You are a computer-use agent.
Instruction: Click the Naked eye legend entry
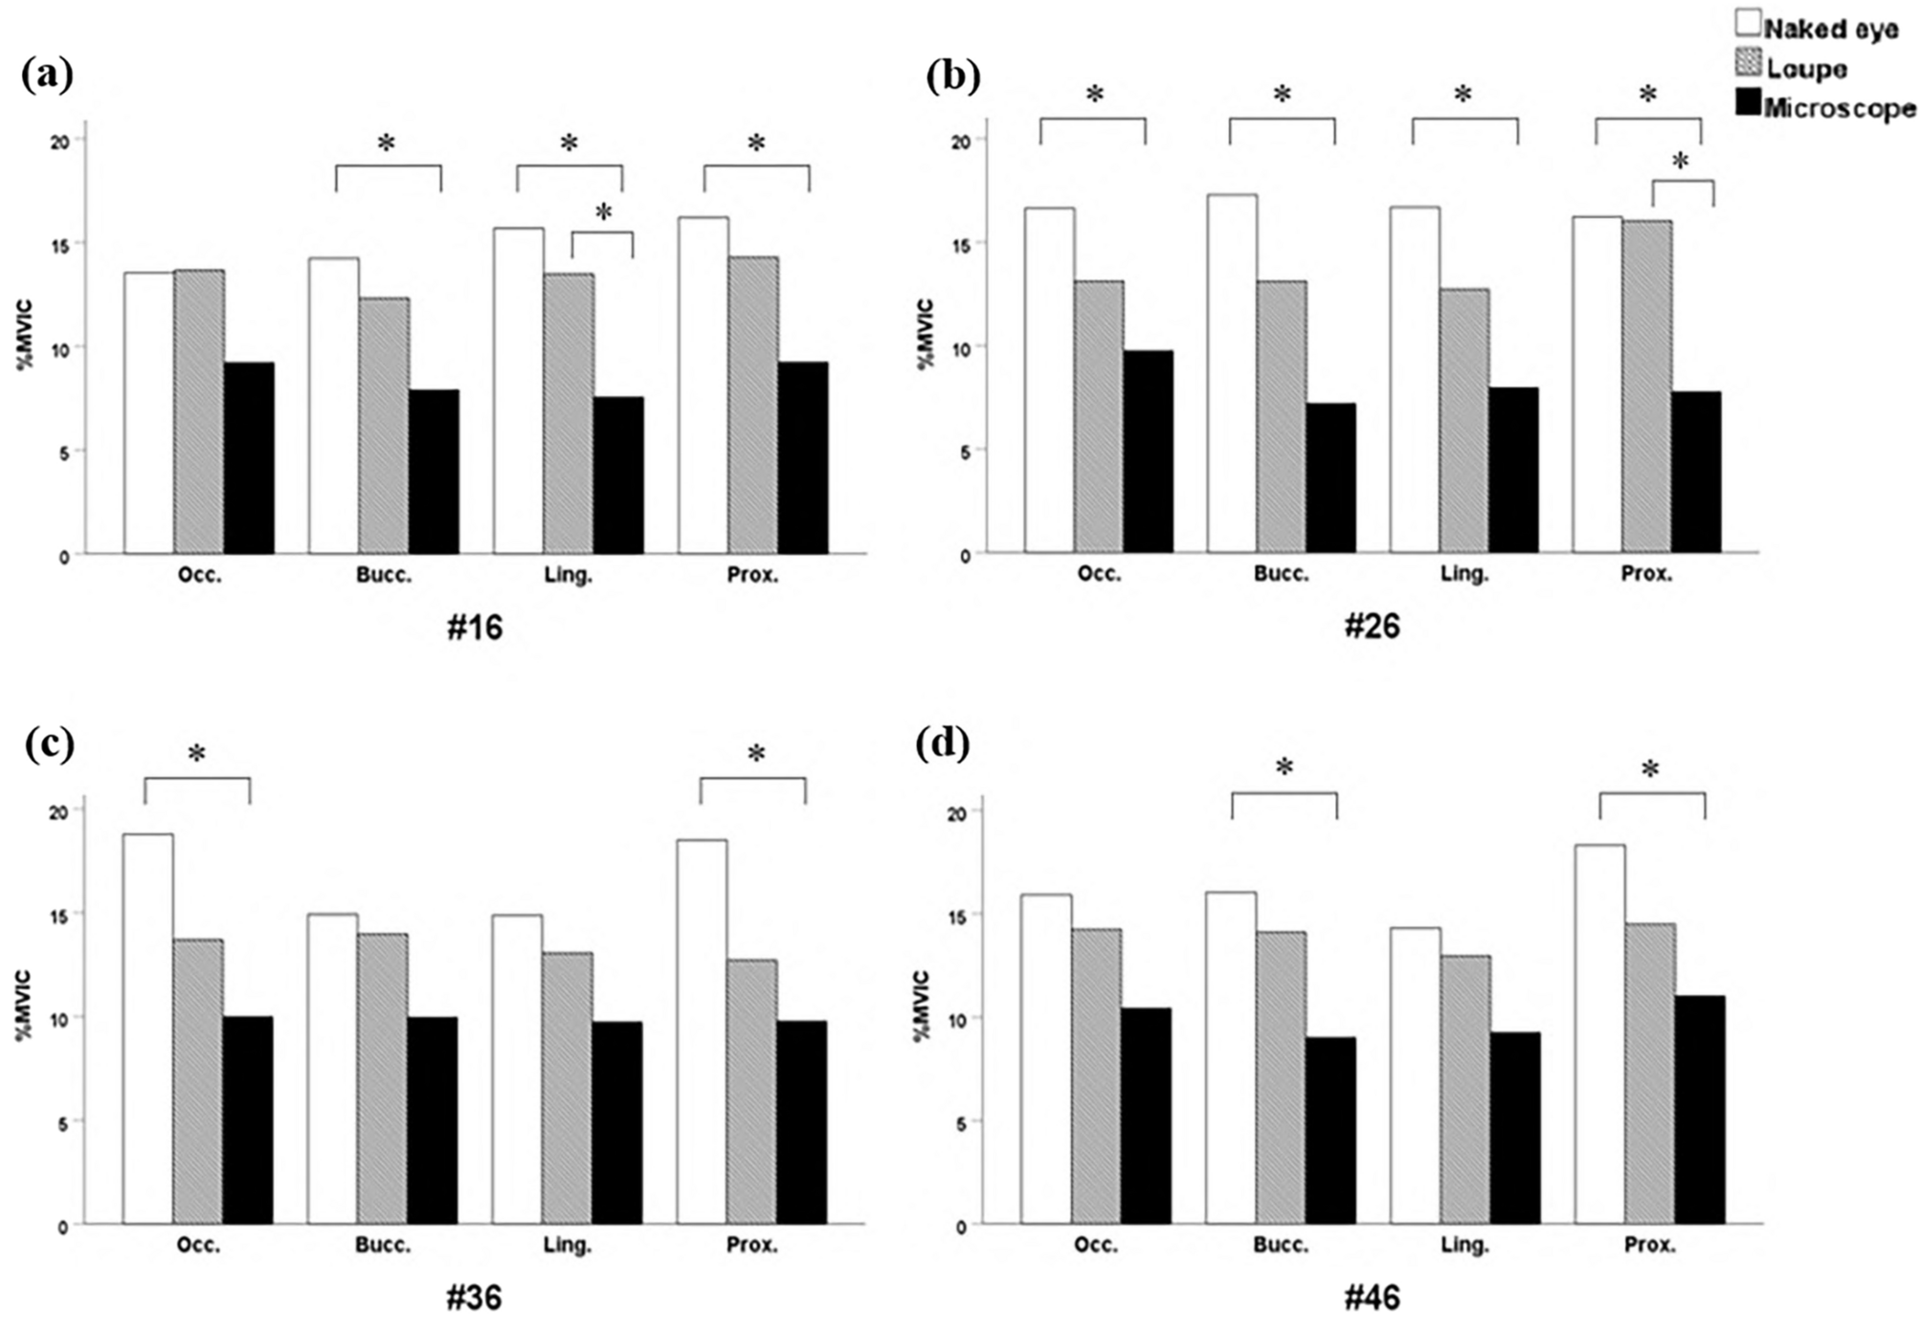point(1828,29)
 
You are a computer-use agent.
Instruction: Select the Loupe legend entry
point(1805,68)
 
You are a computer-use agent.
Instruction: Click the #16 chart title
point(475,628)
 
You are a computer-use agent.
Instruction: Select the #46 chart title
point(1372,1298)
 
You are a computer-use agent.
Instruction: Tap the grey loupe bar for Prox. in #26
point(1646,387)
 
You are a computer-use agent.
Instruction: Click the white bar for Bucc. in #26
point(1232,373)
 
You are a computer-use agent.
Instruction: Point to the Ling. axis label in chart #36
point(568,1246)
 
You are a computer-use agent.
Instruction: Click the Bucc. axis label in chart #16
point(383,575)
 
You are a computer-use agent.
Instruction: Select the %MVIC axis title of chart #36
point(26,1006)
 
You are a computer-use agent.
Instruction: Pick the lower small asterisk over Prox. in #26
point(1680,163)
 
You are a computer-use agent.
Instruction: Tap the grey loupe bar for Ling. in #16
point(569,413)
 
